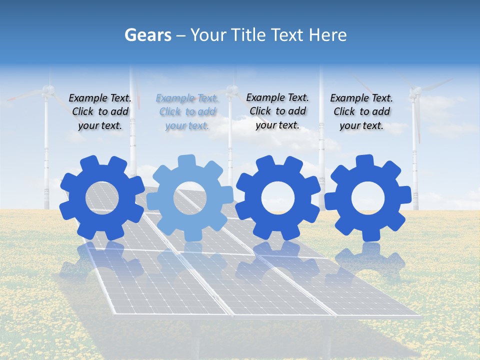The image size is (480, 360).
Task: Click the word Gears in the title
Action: coord(148,35)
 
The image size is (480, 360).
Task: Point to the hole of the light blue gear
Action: coord(190,198)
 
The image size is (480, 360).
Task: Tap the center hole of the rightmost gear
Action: coord(367,198)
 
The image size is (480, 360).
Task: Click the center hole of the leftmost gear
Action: coord(102,198)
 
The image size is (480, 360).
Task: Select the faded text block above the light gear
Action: coord(187,112)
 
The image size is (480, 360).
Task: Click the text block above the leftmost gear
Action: coord(100,112)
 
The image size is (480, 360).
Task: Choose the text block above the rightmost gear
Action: coord(361,112)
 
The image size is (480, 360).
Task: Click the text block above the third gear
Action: coord(277,111)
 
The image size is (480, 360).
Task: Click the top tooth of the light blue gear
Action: coord(186,161)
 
